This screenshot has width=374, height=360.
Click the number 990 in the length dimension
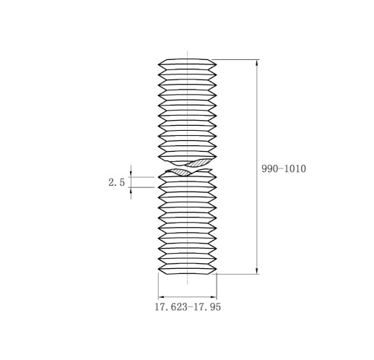[x=269, y=168]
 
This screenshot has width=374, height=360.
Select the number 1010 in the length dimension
[x=295, y=168]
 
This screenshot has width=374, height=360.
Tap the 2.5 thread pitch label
[x=116, y=182]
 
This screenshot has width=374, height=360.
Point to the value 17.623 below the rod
[x=170, y=307]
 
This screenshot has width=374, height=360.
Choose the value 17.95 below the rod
[x=207, y=307]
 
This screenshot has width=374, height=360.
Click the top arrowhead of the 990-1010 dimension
[x=257, y=62]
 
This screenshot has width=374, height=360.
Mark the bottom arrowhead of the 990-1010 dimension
[x=257, y=271]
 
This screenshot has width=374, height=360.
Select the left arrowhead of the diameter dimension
[x=161, y=297]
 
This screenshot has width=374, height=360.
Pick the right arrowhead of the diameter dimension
[x=214, y=297]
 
